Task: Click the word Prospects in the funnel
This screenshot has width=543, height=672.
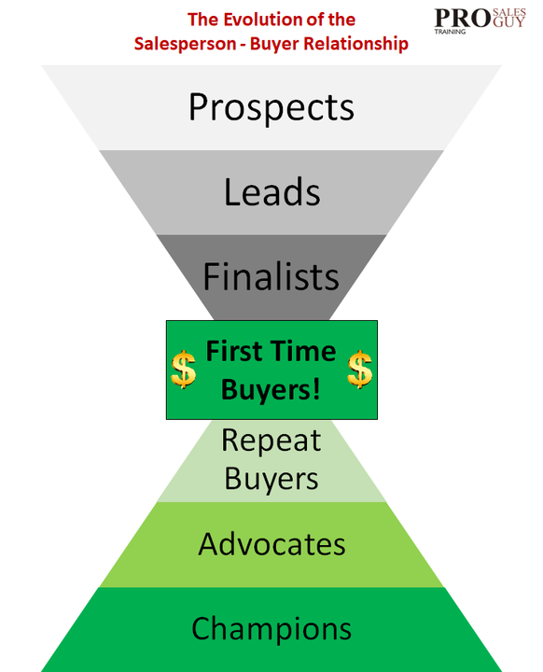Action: click(x=271, y=107)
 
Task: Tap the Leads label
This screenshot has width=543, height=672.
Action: click(x=272, y=192)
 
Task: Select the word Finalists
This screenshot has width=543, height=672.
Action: click(x=271, y=276)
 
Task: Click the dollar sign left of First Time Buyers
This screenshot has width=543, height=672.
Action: click(x=183, y=369)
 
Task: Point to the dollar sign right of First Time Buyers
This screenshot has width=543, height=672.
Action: click(x=359, y=369)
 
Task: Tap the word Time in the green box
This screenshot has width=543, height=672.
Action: click(x=300, y=352)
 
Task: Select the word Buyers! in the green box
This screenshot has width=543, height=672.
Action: click(x=271, y=390)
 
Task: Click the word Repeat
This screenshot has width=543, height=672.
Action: click(x=271, y=441)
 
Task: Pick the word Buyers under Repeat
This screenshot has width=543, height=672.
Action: click(x=271, y=478)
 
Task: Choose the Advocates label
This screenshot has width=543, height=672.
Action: click(x=271, y=544)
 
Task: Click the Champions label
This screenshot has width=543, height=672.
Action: click(x=271, y=629)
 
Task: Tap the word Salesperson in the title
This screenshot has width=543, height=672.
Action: click(x=185, y=44)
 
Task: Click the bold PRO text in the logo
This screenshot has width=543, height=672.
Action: click(x=463, y=19)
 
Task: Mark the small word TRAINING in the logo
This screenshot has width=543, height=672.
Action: click(x=450, y=32)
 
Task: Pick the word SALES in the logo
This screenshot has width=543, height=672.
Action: click(x=509, y=12)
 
